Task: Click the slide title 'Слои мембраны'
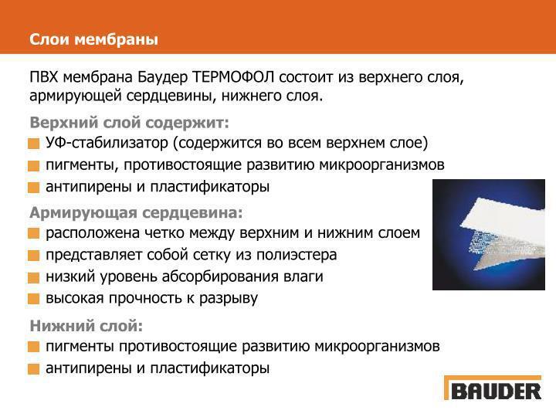tap(93, 39)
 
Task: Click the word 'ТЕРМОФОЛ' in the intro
tap(234, 78)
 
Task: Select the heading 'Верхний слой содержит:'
tap(129, 123)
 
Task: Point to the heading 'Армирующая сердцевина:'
tap(136, 212)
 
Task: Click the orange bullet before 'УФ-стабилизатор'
tap(34, 144)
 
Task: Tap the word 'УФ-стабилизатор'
tap(107, 143)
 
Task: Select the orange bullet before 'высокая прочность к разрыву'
tap(34, 299)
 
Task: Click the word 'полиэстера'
tap(301, 254)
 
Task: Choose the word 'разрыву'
tap(230, 297)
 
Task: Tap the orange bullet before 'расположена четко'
tap(34, 233)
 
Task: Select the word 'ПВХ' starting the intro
tap(44, 78)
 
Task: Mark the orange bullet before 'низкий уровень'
tap(34, 277)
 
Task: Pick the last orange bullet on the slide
tap(34, 369)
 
